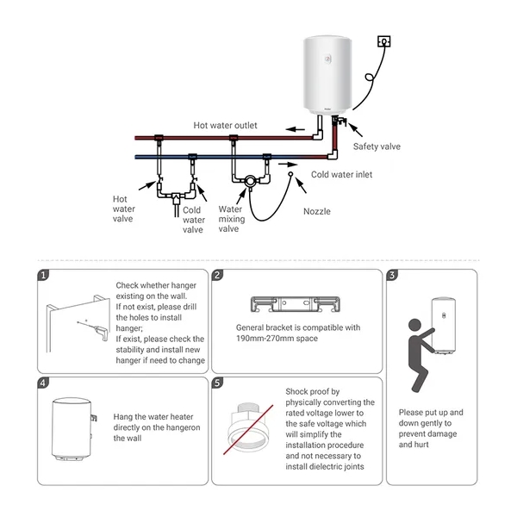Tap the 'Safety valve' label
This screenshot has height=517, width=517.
click(x=377, y=146)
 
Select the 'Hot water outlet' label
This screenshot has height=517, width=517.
click(x=225, y=126)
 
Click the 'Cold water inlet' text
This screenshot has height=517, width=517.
click(x=341, y=174)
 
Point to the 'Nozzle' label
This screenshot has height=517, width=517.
click(x=316, y=211)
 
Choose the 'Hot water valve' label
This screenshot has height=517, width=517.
click(x=124, y=209)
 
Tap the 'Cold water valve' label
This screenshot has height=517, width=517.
click(x=193, y=220)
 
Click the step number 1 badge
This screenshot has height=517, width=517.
click(x=43, y=275)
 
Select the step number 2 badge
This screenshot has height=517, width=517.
click(x=218, y=275)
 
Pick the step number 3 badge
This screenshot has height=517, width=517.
click(x=393, y=275)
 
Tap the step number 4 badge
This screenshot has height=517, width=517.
click(x=43, y=382)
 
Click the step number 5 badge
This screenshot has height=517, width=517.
click(x=218, y=382)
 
